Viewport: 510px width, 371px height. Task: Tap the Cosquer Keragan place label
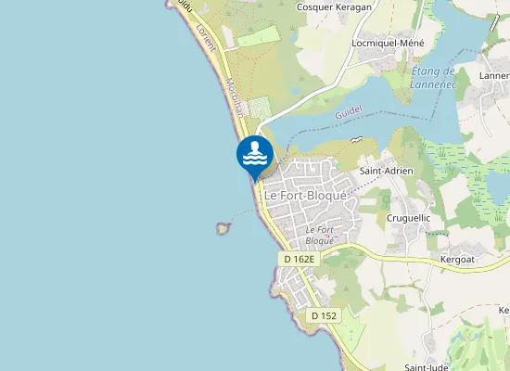point(333,6)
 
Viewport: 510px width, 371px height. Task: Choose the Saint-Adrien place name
point(386,172)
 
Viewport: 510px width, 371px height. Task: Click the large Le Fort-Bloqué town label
point(305,197)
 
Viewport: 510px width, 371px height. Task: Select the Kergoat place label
point(457,260)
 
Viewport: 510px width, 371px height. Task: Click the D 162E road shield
point(300,260)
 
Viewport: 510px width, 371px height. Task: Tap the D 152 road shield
point(325,316)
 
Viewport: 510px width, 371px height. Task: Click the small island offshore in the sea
point(222,227)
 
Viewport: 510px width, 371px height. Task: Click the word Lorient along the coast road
point(206,40)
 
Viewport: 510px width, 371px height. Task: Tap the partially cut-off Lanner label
point(494,76)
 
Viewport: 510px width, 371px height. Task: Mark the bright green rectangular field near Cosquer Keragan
point(258,36)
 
